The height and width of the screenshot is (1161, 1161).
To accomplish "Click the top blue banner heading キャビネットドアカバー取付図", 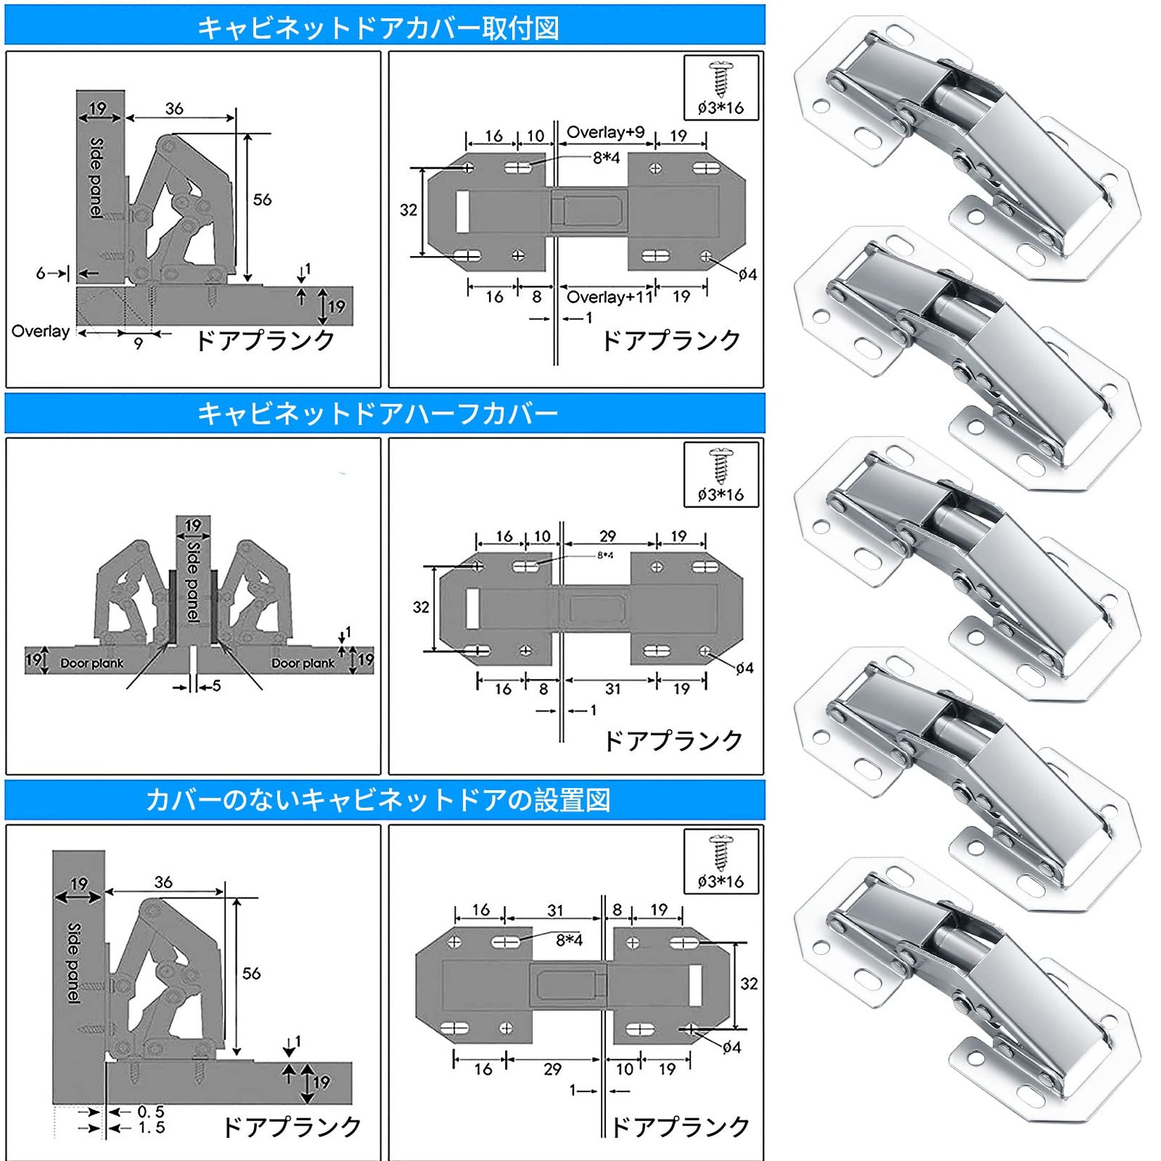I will tap(378, 28).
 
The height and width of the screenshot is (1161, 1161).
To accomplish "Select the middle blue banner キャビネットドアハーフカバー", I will tap(378, 414).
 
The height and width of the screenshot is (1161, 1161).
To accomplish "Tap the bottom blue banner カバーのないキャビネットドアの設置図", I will tap(378, 800).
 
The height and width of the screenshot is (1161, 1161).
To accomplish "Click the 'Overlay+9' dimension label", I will tap(605, 132).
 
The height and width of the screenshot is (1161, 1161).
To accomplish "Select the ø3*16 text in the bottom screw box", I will tap(721, 882).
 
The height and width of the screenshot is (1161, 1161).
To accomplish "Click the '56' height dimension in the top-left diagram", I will tap(262, 200).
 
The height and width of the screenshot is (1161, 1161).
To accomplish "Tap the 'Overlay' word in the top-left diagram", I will tap(41, 331).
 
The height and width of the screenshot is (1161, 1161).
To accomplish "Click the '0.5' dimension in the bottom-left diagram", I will tap(151, 1112).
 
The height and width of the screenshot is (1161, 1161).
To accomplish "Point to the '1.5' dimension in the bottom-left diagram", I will tap(151, 1128).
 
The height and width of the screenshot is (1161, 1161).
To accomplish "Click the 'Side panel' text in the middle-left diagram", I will tap(193, 580).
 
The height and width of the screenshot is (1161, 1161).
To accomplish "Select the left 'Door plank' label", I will tap(91, 663).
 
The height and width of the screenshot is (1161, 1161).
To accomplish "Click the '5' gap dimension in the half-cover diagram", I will tap(216, 686).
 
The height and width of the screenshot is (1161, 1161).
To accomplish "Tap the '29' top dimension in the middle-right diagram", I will tap(607, 536).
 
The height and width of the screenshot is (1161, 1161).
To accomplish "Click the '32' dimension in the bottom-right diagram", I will tap(749, 984).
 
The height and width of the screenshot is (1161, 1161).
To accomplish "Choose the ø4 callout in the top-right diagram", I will tap(747, 274).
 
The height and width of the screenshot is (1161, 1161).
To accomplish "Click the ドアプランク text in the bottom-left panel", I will tap(292, 1127).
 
